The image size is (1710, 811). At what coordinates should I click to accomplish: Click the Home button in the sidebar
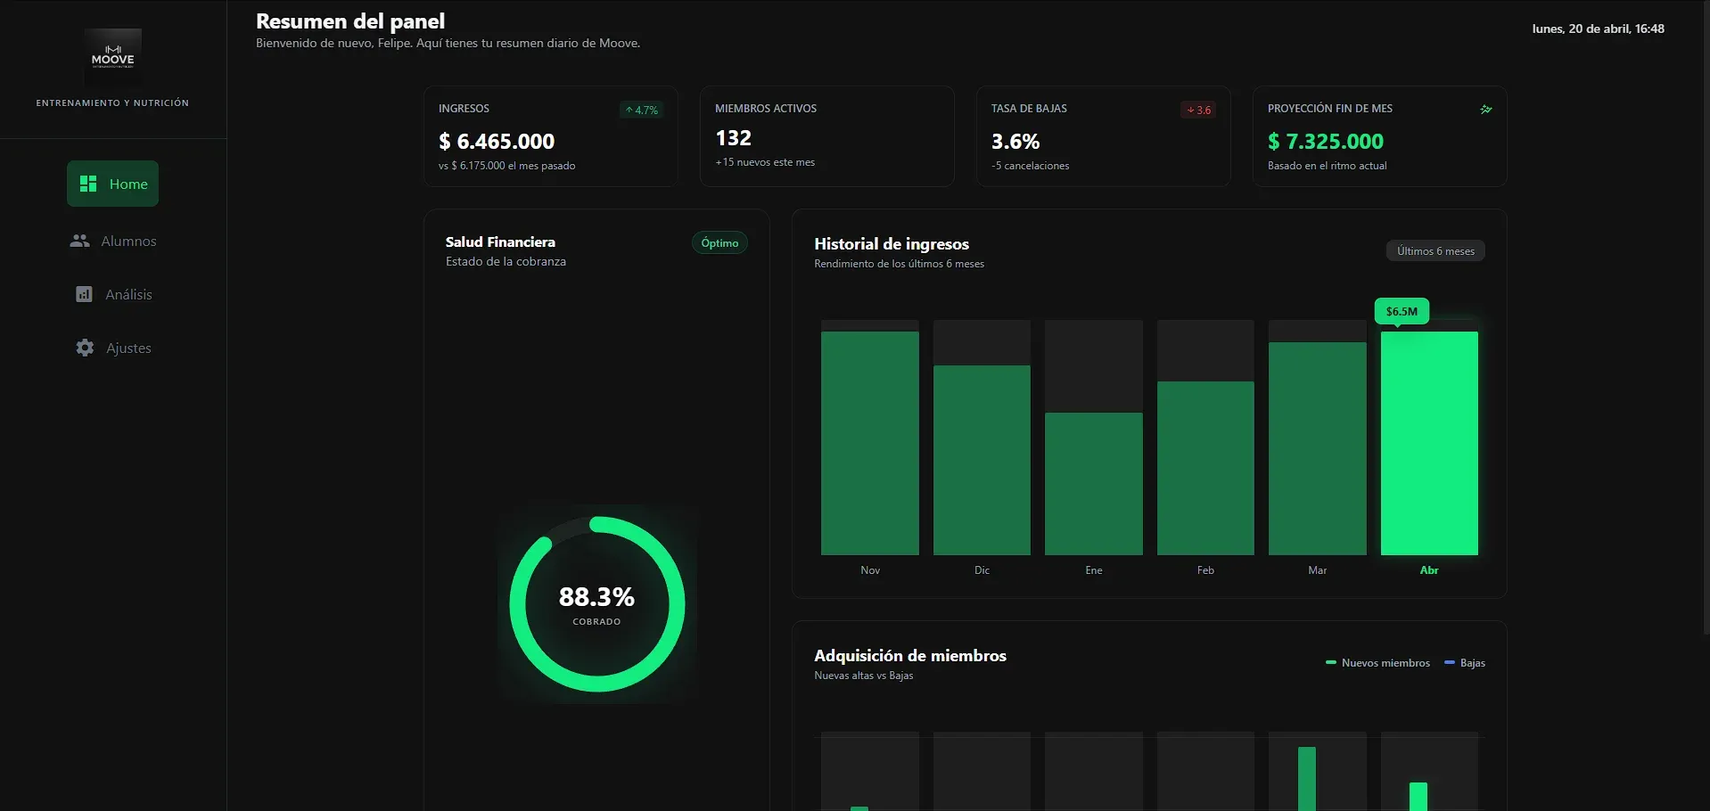112,184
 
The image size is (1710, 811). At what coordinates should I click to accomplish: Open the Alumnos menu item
113,241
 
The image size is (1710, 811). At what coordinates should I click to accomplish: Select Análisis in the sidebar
113,294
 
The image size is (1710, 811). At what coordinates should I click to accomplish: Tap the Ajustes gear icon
85,348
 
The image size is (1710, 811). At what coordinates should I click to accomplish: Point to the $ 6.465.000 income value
497,142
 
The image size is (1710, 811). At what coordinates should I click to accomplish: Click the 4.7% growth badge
642,110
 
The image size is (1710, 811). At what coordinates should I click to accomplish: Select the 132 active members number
734,138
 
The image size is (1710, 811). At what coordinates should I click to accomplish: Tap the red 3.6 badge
1198,110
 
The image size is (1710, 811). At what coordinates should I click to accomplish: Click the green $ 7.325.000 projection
1326,142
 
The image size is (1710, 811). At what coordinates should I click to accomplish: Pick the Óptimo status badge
719,242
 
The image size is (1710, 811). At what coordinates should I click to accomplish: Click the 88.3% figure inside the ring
596,596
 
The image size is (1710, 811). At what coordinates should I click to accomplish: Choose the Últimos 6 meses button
1435,251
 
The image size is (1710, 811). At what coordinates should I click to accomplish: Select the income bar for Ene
1094,484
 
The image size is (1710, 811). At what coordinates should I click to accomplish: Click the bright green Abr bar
1429,444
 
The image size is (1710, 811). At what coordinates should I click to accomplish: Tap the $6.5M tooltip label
1402,311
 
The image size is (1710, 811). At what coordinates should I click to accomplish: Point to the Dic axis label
982,570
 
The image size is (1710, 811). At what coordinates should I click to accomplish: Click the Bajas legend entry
1465,663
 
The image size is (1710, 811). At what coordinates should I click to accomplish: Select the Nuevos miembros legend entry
1378,663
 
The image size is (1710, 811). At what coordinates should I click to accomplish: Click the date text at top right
1599,29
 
